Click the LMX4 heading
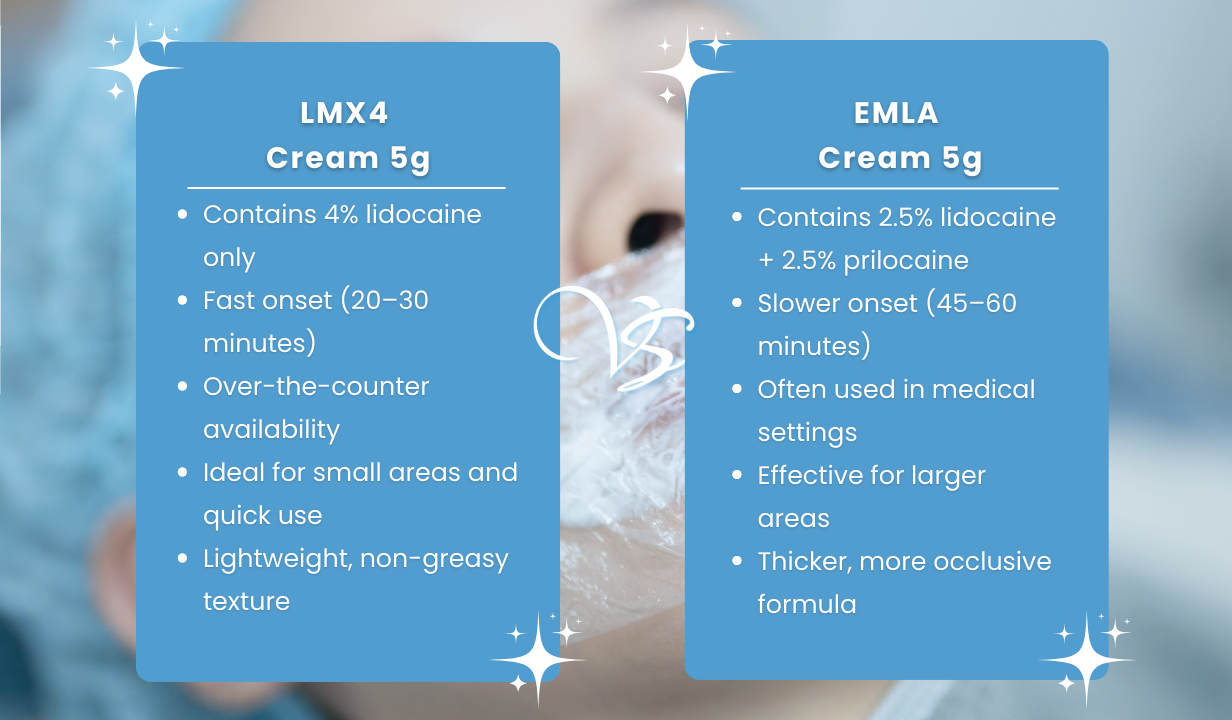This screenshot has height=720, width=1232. point(344,113)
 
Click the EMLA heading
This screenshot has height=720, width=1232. point(896,113)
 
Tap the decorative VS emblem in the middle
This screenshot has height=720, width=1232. point(614,337)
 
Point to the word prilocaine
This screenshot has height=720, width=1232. point(906,260)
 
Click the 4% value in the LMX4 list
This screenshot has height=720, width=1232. point(341,214)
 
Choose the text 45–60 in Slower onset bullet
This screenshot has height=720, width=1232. point(977,303)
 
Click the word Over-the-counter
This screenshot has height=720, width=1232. point(316,386)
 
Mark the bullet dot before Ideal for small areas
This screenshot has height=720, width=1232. point(183,472)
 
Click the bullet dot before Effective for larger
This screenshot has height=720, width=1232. point(737,475)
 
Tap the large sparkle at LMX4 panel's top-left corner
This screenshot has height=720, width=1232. point(135,68)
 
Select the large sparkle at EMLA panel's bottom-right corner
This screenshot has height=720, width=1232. point(1086,659)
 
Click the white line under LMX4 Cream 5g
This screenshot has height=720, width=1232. point(346,188)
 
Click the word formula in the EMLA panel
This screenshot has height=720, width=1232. point(807,604)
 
